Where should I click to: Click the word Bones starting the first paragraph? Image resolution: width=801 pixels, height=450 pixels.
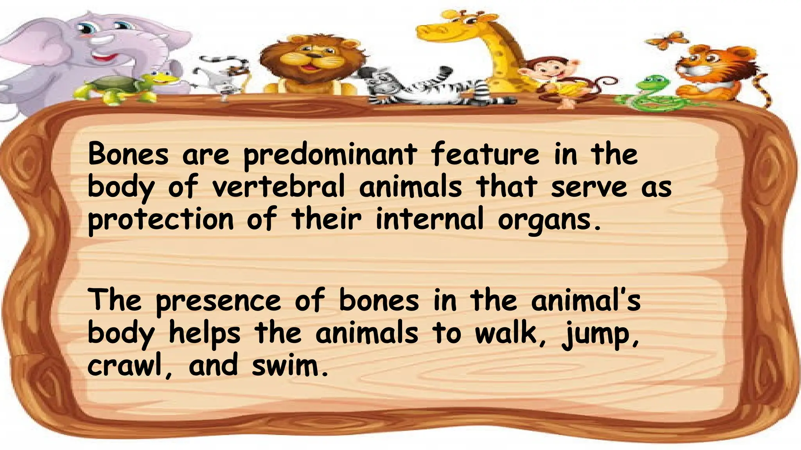tap(128, 154)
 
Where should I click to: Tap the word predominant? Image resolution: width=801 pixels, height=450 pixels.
tap(330, 155)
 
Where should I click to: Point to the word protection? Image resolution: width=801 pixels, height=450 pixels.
tap(160, 220)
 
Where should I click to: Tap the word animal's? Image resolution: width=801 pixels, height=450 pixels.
tap(585, 301)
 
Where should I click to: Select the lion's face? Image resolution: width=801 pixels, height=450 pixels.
tap(311, 59)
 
